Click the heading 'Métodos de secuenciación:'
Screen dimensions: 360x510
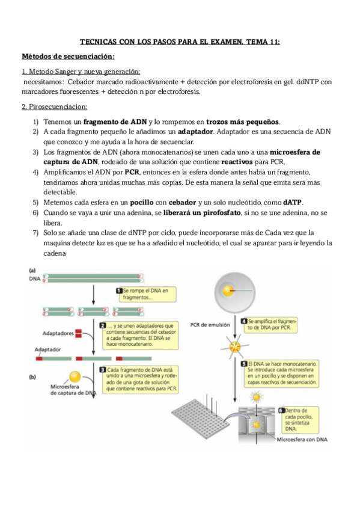tap(68, 57)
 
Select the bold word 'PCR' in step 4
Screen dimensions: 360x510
tap(132, 172)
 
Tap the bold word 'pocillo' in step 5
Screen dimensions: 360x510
tap(142, 202)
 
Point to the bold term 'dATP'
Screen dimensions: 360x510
tap(293, 202)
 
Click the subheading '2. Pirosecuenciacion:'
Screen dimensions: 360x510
tap(54, 106)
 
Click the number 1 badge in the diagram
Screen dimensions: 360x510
tap(119, 290)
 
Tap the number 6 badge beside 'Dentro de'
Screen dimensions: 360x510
tap(281, 411)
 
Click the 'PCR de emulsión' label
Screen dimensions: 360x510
tap(210, 325)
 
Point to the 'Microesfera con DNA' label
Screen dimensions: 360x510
tap(302, 440)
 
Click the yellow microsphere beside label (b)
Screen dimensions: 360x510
tap(75, 377)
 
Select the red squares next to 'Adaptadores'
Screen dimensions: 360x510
tap(78, 333)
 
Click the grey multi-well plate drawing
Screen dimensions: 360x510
tap(201, 417)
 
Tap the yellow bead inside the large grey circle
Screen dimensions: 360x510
tap(228, 290)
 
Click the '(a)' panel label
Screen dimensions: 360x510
tap(32, 270)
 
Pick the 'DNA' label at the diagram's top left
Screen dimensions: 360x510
tap(35, 278)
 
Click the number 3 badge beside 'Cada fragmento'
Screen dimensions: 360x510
tap(103, 369)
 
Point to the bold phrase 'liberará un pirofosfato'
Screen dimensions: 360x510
tap(202, 213)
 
